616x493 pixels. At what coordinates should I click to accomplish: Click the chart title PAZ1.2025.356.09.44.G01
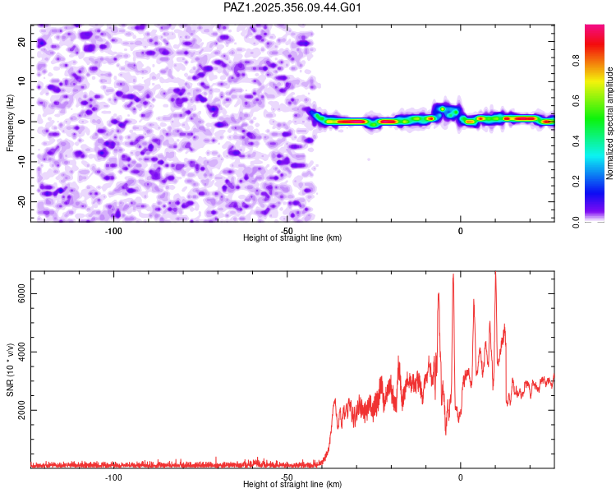(293, 7)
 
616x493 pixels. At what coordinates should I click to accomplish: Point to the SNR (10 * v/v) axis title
(10, 370)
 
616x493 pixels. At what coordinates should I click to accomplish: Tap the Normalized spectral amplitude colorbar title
(610, 123)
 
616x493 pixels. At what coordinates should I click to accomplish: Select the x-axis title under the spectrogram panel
(292, 237)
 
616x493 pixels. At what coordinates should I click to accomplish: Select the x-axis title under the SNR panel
(292, 485)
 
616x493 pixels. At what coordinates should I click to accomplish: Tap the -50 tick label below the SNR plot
(287, 477)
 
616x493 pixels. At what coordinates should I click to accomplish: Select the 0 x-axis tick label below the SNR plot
(460, 477)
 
